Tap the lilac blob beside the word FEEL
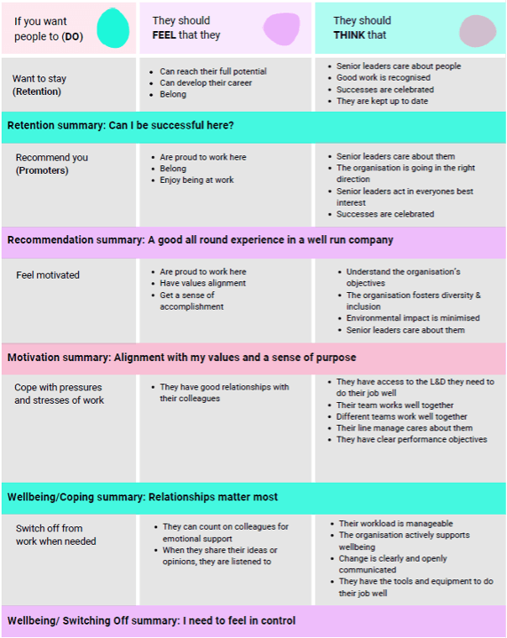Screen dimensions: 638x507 (281, 29)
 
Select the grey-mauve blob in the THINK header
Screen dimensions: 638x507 (478, 30)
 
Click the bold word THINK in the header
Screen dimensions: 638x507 (349, 35)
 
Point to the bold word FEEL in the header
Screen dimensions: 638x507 (168, 35)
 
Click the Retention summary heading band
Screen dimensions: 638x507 (121, 126)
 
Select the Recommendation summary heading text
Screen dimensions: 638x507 (200, 240)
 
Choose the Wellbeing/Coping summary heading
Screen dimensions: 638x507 (143, 497)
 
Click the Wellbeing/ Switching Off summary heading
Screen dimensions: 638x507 (151, 621)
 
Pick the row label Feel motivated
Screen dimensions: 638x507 (47, 275)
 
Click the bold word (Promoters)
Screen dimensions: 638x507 (42, 170)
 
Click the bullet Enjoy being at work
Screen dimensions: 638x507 (196, 180)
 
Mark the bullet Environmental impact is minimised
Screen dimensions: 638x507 (413, 318)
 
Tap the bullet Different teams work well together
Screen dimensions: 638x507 (401, 416)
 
